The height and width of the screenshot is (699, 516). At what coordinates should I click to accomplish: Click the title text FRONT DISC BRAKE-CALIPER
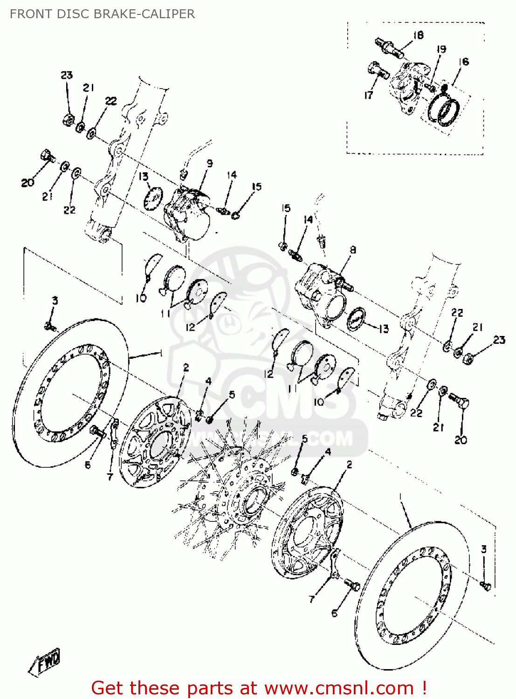click(102, 14)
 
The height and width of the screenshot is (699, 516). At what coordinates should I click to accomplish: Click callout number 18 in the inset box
click(418, 35)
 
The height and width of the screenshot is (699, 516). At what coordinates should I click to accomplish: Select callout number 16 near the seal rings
click(463, 62)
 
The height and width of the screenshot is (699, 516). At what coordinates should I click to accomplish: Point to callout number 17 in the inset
click(369, 95)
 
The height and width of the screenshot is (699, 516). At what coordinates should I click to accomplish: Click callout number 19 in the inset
click(441, 49)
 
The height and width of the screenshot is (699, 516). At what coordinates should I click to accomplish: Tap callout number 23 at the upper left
click(67, 75)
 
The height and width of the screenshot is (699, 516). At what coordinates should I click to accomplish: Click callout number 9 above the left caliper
click(210, 163)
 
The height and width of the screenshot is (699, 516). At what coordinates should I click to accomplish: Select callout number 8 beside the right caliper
click(353, 250)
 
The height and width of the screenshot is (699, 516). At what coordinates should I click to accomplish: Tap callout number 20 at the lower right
click(461, 439)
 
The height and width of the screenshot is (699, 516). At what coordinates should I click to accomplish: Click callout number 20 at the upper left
click(28, 182)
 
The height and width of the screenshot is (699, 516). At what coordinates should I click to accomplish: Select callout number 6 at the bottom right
click(334, 613)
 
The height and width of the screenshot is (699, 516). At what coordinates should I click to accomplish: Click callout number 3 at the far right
click(483, 549)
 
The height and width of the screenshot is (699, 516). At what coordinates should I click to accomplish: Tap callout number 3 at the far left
click(55, 301)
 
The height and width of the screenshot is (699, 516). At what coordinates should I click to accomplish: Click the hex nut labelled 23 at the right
click(468, 358)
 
